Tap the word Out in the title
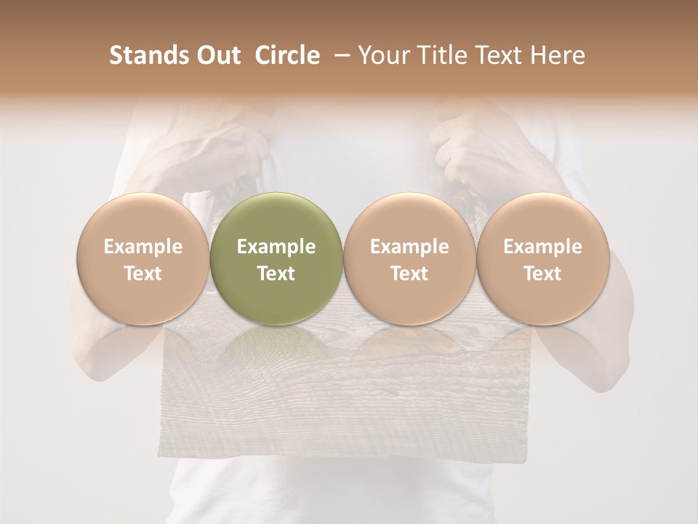coord(217,55)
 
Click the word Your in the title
coord(382,55)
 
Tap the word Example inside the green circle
coord(276,247)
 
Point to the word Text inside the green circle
coord(276,274)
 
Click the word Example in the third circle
coord(409,247)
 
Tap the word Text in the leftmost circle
coord(143,274)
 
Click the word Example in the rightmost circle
coord(542,247)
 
